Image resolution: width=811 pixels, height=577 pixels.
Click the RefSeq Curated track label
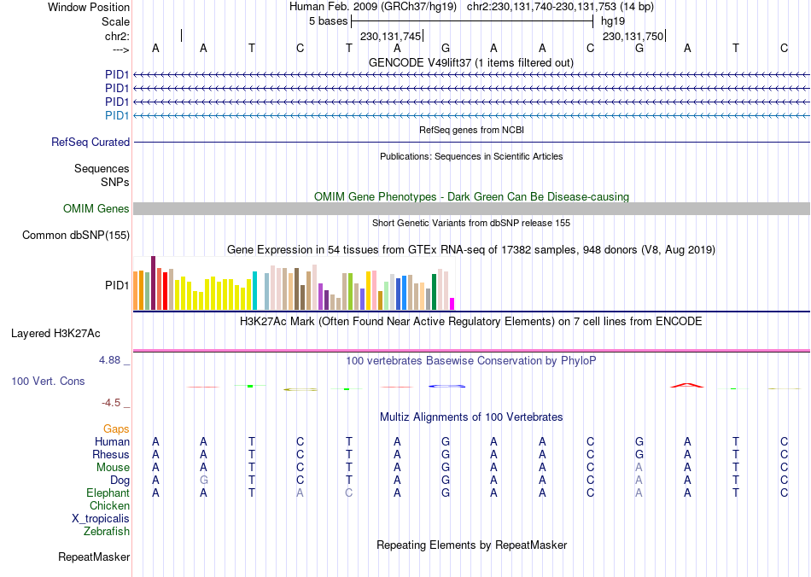[90, 143]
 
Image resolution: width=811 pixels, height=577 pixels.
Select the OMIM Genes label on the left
[96, 209]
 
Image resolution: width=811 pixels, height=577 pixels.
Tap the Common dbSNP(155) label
[76, 236]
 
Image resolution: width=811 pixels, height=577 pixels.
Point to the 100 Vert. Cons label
[48, 381]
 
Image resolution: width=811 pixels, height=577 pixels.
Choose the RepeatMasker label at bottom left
[94, 557]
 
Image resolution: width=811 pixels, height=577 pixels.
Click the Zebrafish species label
[107, 532]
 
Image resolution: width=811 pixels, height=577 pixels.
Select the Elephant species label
[108, 493]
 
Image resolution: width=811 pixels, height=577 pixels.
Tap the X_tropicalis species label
[101, 519]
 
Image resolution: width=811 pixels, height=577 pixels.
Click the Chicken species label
[109, 506]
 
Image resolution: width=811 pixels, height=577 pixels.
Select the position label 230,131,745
[390, 37]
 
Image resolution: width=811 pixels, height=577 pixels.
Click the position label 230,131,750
[633, 37]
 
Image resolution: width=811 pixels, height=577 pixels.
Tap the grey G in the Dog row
[203, 481]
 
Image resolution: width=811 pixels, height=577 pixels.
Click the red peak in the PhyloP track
[687, 385]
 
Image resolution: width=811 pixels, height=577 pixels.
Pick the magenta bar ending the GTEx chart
[452, 303]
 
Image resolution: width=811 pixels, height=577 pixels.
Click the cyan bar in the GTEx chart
[254, 290]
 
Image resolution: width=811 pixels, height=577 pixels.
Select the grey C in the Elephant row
[348, 493]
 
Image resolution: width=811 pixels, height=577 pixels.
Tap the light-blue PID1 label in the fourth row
[117, 115]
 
